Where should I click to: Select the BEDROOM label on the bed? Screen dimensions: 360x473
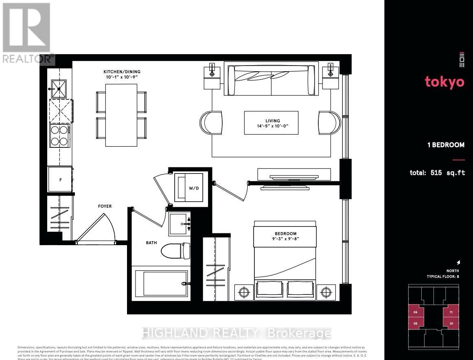tap(285, 234)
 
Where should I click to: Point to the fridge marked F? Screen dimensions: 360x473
tap(60, 179)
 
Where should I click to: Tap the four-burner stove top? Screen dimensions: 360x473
tap(59, 136)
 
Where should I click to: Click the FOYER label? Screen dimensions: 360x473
tap(105, 206)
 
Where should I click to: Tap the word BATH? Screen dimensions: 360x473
tap(151, 243)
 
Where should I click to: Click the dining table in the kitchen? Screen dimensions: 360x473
tap(121, 115)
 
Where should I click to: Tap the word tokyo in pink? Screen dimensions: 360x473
tap(445, 82)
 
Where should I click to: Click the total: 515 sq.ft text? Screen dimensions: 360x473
tap(437, 173)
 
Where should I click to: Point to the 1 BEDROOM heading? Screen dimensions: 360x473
tap(446, 145)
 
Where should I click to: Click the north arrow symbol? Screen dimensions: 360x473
tap(458, 263)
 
